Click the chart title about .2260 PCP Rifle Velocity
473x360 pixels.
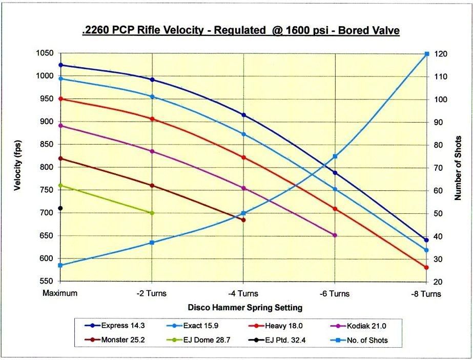click(x=240, y=31)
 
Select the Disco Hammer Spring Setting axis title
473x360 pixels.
click(x=244, y=308)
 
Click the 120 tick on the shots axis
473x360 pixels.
click(x=441, y=54)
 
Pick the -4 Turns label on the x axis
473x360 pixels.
click(x=243, y=294)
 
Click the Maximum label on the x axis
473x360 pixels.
click(x=60, y=294)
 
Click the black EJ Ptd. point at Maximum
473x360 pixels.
click(x=60, y=208)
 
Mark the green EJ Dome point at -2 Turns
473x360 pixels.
click(x=152, y=213)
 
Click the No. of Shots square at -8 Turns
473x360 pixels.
click(x=426, y=54)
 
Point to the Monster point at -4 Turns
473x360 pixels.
click(x=243, y=220)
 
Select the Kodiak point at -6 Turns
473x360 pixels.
click(x=335, y=235)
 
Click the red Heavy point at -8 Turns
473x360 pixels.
click(x=426, y=268)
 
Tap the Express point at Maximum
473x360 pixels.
click(x=60, y=65)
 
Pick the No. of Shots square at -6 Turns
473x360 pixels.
click(x=335, y=156)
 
